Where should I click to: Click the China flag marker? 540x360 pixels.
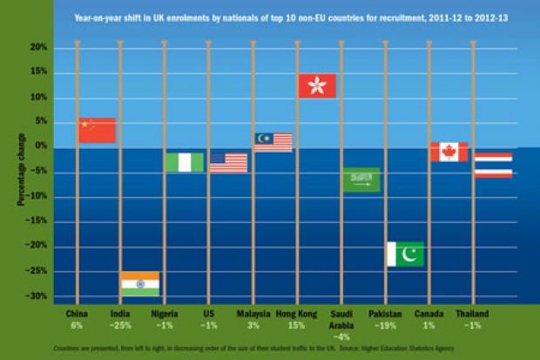click(x=97, y=131)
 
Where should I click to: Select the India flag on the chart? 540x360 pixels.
click(x=139, y=284)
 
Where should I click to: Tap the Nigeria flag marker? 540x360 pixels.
click(x=185, y=162)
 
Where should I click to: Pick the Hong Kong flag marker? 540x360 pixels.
click(x=317, y=85)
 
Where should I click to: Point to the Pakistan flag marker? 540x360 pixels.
click(x=405, y=255)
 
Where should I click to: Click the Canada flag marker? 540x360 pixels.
click(x=449, y=152)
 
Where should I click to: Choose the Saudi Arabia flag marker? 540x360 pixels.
click(x=361, y=180)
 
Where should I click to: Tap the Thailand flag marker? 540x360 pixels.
click(x=493, y=166)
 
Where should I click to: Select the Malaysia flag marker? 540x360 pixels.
click(x=273, y=142)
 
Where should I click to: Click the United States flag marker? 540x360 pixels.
click(x=228, y=163)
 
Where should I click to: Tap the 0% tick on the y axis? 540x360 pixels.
click(x=40, y=147)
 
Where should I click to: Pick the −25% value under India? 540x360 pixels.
click(x=121, y=324)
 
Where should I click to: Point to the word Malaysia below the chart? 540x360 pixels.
click(x=253, y=313)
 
